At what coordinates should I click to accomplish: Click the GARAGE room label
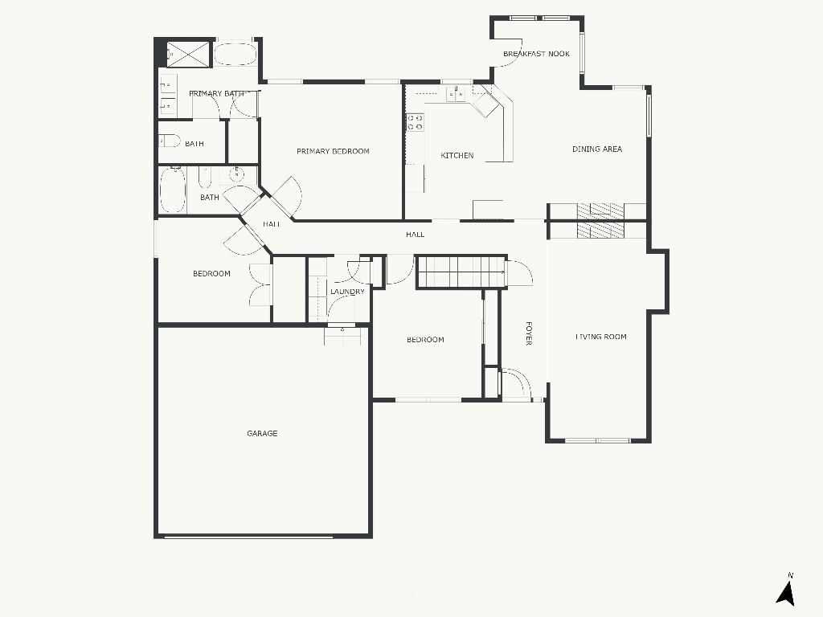[262, 433]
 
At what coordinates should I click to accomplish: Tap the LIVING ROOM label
[601, 337]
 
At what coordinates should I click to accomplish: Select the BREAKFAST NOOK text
[536, 54]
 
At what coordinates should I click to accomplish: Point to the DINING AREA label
[597, 149]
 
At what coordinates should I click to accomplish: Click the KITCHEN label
[457, 155]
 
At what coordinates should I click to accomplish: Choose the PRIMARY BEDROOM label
[333, 151]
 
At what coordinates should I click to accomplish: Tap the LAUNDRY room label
[347, 292]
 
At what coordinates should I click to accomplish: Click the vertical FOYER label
[529, 333]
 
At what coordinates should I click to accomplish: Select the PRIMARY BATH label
[216, 93]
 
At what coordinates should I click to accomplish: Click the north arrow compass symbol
[786, 590]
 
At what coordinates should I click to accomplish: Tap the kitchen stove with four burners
[416, 123]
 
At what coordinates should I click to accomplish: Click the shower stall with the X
[188, 54]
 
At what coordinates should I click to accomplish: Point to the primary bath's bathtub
[235, 54]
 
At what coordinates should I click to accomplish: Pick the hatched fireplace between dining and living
[601, 221]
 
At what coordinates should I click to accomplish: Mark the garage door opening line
[248, 537]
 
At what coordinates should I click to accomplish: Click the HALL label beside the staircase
[416, 235]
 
